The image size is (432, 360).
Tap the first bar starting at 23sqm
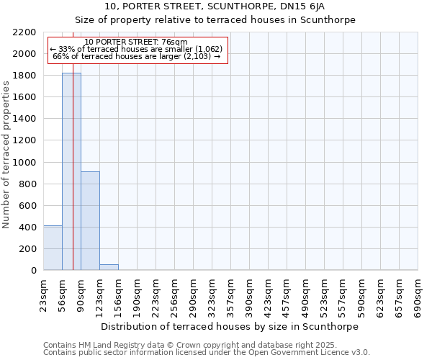click(53, 248)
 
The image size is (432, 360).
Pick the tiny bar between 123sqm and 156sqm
click(109, 267)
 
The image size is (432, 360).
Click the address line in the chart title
click(215, 6)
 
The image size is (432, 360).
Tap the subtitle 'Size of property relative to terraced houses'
click(215, 20)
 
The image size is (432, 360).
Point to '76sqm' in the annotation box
click(175, 42)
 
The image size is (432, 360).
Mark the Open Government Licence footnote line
click(207, 353)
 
